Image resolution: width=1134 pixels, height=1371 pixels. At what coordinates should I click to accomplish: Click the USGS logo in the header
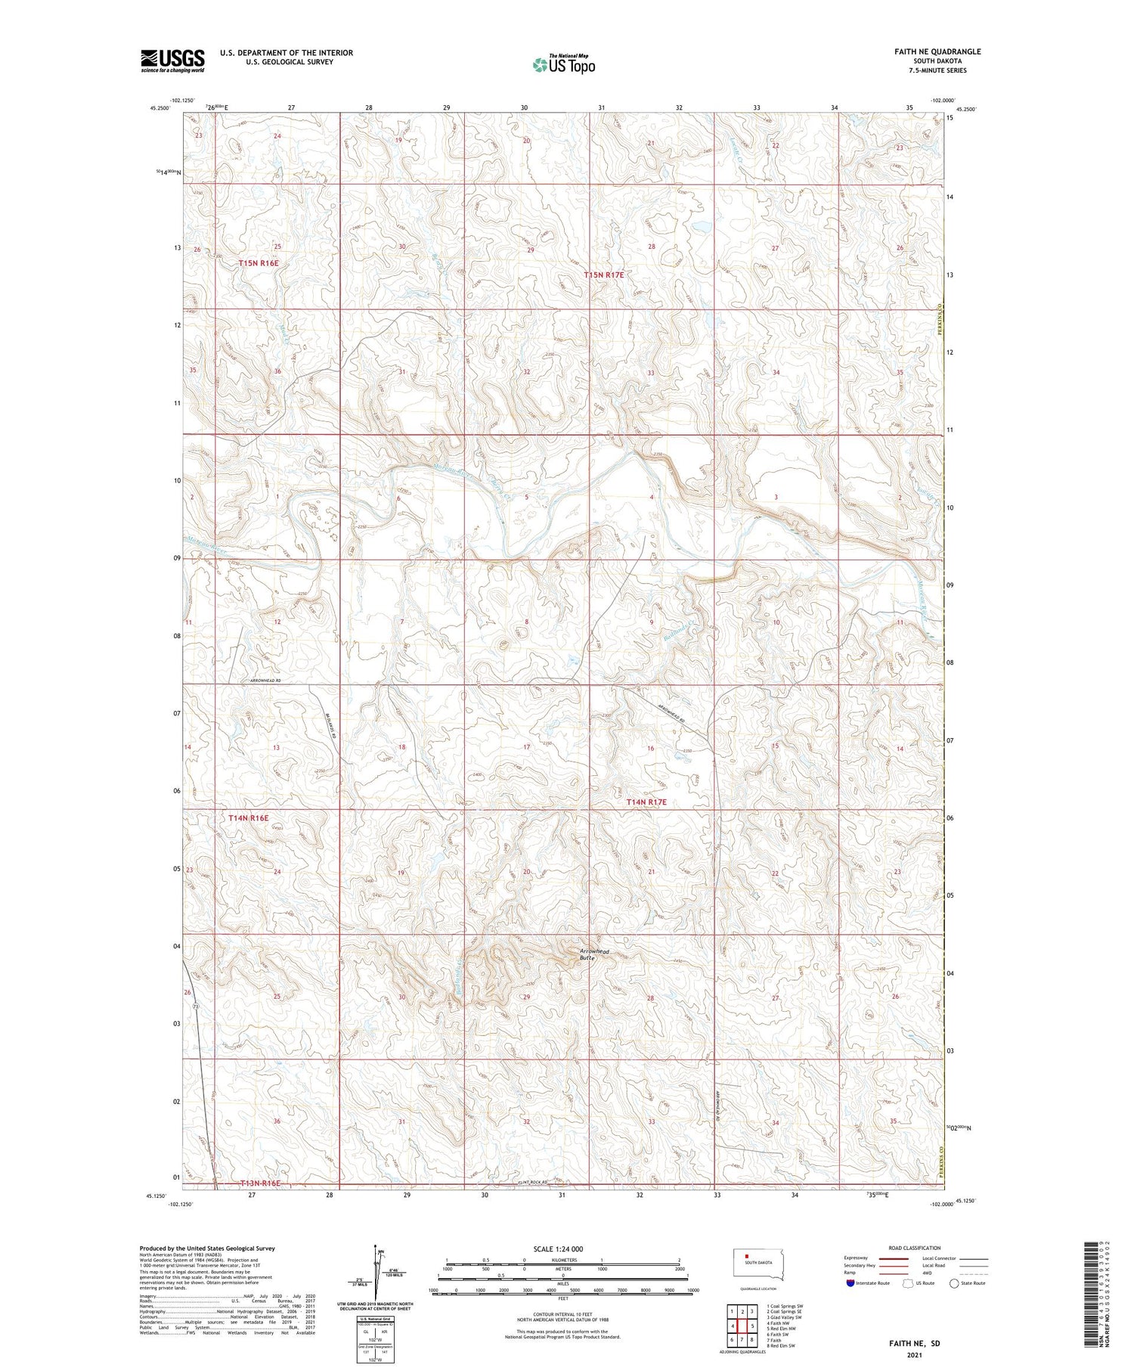(172, 60)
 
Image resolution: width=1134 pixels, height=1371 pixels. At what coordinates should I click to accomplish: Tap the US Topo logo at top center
(563, 65)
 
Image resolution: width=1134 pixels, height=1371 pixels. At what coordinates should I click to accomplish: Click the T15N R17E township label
(604, 275)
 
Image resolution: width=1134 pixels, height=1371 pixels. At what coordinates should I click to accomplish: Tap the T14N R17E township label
(646, 802)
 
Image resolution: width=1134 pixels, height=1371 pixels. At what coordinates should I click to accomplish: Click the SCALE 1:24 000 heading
(558, 1248)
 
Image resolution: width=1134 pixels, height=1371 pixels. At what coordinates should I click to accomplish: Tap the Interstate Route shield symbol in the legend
(851, 1283)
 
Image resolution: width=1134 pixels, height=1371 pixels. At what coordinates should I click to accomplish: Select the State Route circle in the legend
(954, 1283)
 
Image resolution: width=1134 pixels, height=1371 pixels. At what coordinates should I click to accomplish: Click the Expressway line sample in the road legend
(893, 1258)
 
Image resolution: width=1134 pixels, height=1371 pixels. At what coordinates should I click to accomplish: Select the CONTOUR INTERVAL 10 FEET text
(562, 1314)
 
